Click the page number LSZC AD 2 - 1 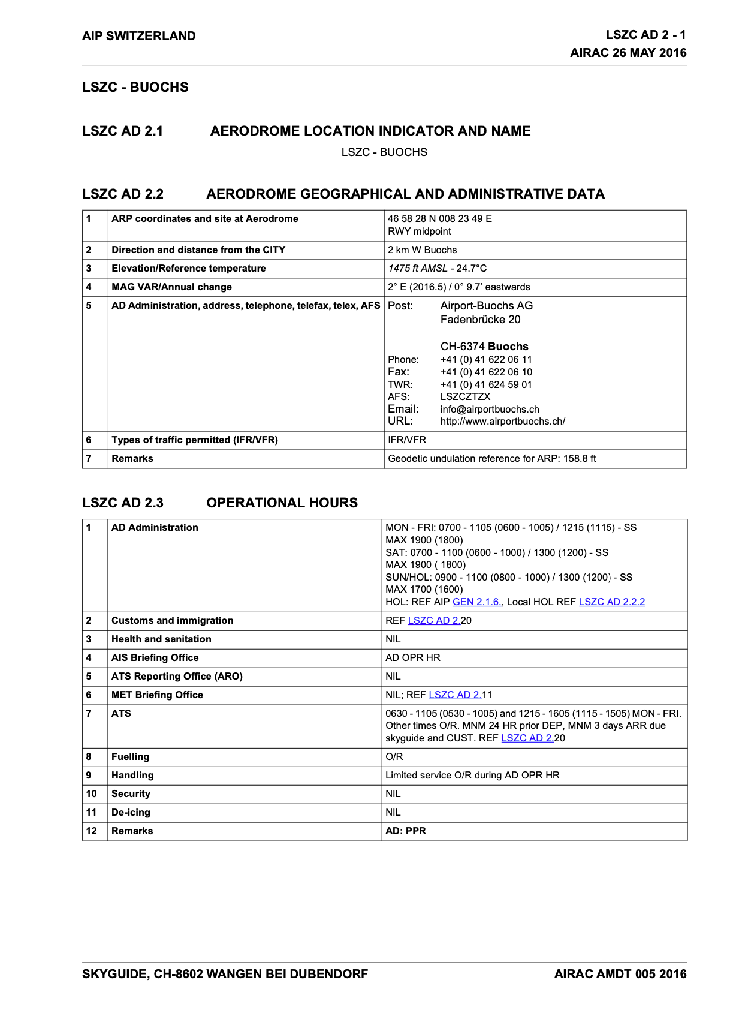click(x=645, y=35)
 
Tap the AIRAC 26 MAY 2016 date click(x=628, y=53)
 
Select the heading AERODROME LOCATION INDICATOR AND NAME click(x=370, y=131)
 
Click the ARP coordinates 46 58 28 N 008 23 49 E click(x=439, y=218)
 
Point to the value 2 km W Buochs click(x=422, y=250)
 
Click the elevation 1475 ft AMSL click(x=418, y=268)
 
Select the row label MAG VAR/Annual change click(x=171, y=287)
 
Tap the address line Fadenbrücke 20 click(x=480, y=320)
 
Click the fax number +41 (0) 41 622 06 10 click(x=486, y=372)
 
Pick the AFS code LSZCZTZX click(x=465, y=396)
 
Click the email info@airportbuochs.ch click(x=490, y=409)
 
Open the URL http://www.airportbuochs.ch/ click(x=502, y=421)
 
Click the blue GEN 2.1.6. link click(x=477, y=602)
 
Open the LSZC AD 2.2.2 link click(x=611, y=602)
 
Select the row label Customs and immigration click(x=172, y=620)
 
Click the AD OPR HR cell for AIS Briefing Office click(x=412, y=657)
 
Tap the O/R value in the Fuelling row click(x=394, y=756)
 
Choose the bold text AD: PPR click(x=406, y=831)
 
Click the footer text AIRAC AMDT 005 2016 click(x=620, y=974)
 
